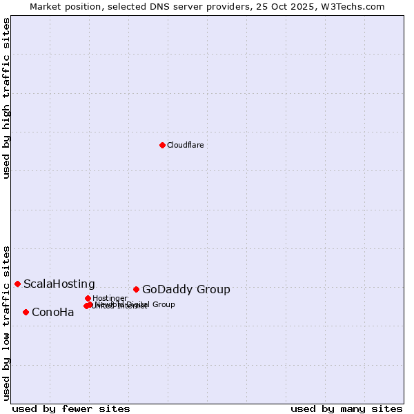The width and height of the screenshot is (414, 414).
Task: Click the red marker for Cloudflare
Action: click(162, 145)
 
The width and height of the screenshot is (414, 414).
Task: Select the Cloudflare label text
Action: click(185, 145)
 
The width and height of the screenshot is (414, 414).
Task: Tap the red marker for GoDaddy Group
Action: click(136, 289)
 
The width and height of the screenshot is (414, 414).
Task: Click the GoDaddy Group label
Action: click(186, 290)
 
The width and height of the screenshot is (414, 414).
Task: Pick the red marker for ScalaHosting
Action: click(17, 284)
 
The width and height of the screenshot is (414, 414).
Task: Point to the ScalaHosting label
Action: click(59, 284)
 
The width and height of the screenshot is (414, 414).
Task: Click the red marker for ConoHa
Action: click(26, 312)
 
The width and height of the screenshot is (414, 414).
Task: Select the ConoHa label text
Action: click(52, 313)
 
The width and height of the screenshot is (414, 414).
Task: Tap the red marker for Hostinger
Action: click(88, 298)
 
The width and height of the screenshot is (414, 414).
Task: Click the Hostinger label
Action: click(110, 298)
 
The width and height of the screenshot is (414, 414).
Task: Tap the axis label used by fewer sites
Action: click(71, 408)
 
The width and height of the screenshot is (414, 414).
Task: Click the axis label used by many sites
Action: click(346, 408)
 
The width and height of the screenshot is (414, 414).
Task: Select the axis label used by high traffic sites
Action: click(6, 98)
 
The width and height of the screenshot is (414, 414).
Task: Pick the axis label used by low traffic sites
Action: click(6, 322)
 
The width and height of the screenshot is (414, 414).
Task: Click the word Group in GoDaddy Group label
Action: click(213, 290)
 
